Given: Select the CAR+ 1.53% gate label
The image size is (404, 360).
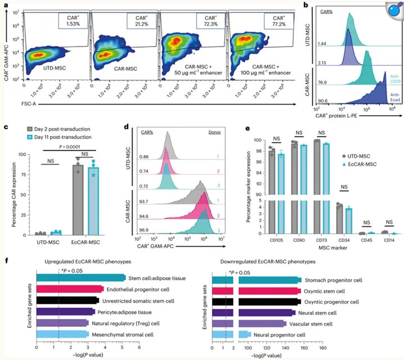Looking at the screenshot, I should click(70, 22).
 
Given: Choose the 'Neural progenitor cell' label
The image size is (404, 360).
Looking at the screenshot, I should click(283, 334).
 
